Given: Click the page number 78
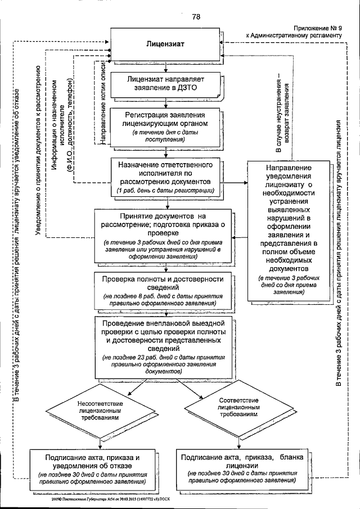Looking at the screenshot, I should point(196,16).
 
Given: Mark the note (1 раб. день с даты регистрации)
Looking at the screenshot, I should point(165,191).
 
